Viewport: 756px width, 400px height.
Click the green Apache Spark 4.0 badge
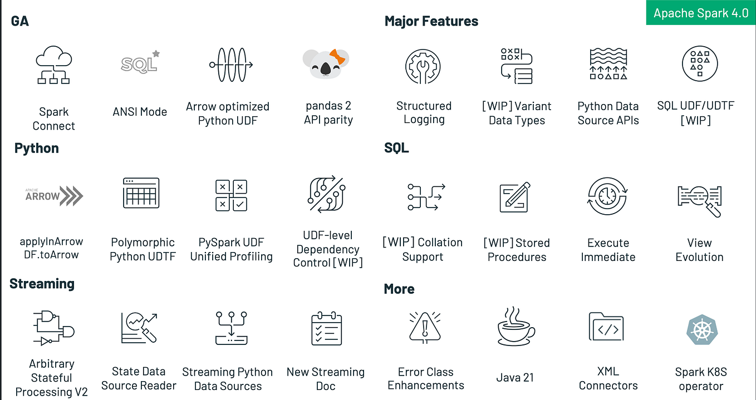700,13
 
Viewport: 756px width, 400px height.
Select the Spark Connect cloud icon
53,65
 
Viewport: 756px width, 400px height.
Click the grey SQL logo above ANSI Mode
140,62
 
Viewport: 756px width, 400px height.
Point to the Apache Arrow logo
54,196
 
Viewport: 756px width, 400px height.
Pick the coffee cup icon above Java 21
516,327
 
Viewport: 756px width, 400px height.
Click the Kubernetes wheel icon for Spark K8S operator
700,329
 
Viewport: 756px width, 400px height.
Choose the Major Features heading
431,22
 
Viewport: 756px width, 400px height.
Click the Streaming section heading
42,284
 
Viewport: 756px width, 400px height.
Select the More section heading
399,289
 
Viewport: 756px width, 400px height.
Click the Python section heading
37,149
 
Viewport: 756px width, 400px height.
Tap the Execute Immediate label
608,250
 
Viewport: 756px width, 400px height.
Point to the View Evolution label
699,250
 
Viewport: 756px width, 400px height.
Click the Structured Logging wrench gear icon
423,65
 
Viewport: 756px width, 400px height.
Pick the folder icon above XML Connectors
606,328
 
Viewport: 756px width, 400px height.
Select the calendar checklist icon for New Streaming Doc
326,329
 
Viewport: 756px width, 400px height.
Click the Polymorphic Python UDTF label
143,249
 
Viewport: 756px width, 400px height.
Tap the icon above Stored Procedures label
516,196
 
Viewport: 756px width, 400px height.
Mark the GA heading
20,22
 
